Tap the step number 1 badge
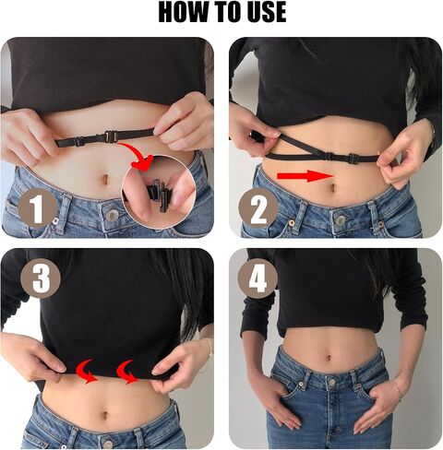click(38, 208)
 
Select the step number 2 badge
click(257, 208)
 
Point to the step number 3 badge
click(41, 278)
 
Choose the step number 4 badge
click(257, 278)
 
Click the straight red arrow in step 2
click(304, 176)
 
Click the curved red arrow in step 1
click(139, 154)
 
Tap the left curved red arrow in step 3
click(87, 372)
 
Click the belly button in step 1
click(105, 179)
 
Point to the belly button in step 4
click(329, 359)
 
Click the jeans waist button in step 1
click(112, 215)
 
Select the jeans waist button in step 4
click(331, 382)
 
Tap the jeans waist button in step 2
click(341, 220)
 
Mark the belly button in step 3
click(105, 415)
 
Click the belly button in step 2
click(331, 187)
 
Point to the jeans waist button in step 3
click(107, 444)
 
